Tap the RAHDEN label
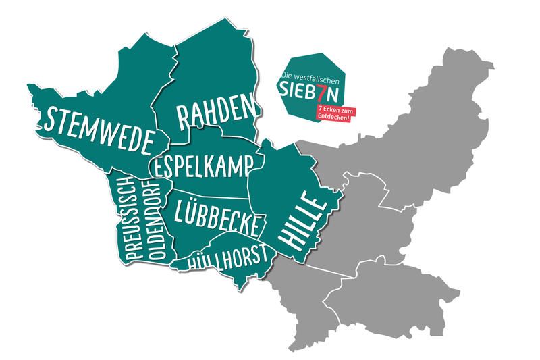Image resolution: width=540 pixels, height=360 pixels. point(217,112)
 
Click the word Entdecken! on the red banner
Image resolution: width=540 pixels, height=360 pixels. point(333,118)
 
